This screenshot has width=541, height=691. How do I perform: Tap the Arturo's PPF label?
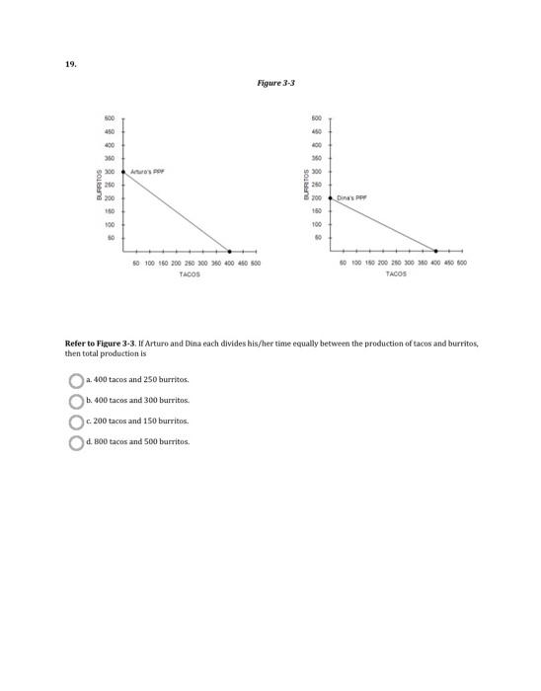145,170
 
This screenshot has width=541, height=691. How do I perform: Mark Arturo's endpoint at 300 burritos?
123,171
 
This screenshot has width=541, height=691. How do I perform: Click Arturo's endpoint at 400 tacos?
230,251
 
